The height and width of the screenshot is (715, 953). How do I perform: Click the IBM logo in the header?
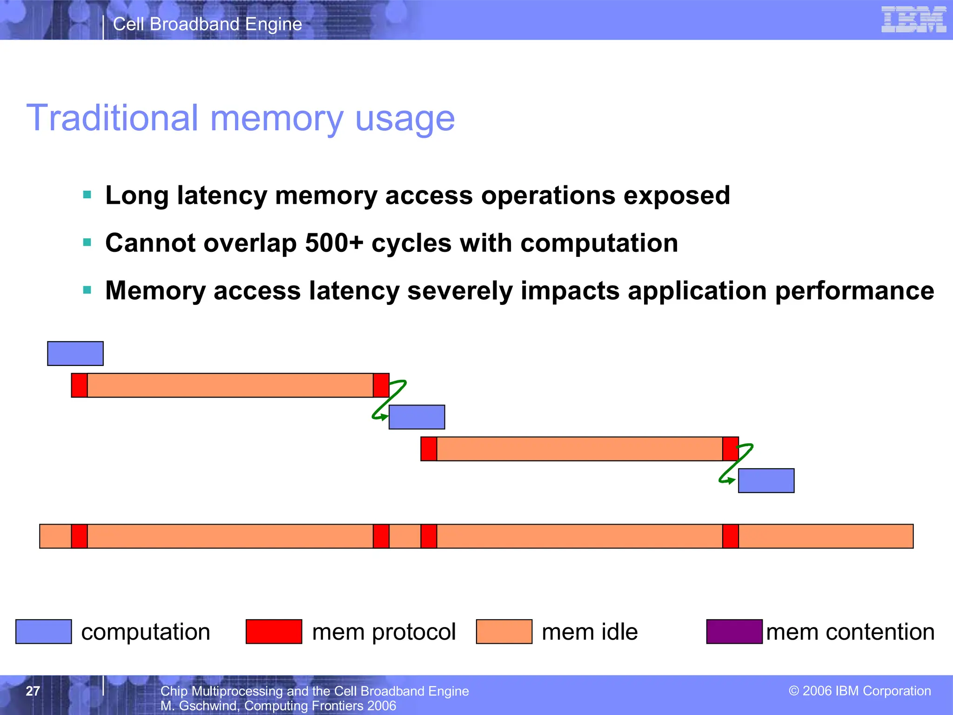click(913, 20)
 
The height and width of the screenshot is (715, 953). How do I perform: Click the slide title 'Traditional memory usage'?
click(241, 118)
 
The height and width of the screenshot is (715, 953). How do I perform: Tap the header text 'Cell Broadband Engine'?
click(208, 24)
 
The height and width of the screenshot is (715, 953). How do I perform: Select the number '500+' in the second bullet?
click(333, 243)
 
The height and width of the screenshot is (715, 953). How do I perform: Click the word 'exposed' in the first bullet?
click(676, 195)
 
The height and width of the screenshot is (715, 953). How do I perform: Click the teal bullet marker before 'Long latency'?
click(87, 195)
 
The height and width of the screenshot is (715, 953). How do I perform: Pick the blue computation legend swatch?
click(44, 632)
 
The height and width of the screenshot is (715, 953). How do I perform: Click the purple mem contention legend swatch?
click(734, 632)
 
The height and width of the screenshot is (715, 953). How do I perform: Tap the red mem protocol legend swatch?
click(274, 632)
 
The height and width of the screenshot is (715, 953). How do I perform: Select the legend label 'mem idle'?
click(590, 632)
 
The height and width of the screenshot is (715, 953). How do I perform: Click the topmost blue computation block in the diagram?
click(75, 353)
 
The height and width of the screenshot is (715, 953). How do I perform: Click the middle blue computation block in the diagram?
click(416, 417)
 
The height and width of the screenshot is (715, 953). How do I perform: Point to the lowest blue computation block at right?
click(766, 480)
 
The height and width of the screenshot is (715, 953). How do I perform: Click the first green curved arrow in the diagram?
click(389, 400)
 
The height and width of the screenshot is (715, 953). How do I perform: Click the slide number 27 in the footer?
click(33, 691)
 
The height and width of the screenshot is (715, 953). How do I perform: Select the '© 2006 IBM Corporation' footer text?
click(859, 691)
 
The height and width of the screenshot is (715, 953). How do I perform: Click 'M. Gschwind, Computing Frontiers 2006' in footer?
click(278, 706)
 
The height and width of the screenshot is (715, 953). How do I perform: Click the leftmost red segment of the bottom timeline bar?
click(79, 536)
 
